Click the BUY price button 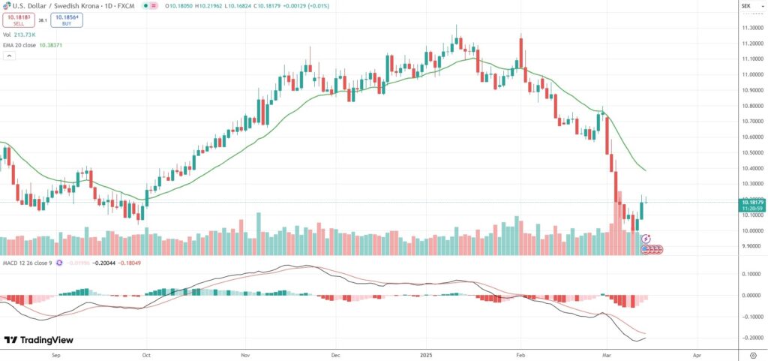click(67, 20)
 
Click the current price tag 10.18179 click(751, 202)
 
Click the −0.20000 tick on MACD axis click(750, 338)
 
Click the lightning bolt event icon click(646, 238)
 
